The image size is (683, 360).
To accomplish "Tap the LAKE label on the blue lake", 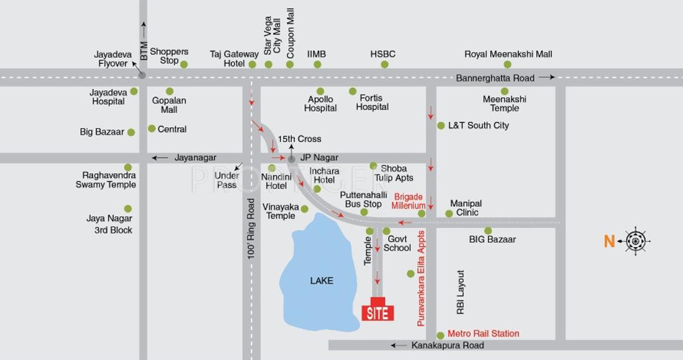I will tap(322, 281).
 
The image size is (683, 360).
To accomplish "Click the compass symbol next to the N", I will tap(636, 241).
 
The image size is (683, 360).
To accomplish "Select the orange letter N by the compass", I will tap(609, 241).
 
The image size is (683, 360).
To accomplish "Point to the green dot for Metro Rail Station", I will tap(440, 335).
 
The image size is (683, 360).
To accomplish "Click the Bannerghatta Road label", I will tap(495, 78).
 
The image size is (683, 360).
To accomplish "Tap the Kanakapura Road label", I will tap(447, 345).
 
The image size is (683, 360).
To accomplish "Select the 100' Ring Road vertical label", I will tap(251, 228).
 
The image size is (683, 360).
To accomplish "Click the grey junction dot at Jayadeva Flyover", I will tap(142, 76).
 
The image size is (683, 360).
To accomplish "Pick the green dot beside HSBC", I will tap(384, 65).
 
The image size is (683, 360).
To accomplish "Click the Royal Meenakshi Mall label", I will tap(508, 54).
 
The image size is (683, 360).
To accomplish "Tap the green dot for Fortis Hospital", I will tap(353, 91).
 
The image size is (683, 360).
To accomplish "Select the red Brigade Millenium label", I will tap(409, 201).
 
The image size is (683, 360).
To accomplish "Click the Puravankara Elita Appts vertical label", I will tap(422, 278).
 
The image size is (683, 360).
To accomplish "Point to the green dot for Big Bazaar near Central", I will tap(131, 132).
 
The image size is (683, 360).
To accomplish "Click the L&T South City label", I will tap(478, 125).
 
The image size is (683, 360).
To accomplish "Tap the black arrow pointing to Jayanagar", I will tap(160, 158).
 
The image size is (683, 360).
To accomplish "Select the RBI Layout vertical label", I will tap(461, 292).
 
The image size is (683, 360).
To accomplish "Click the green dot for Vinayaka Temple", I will tap(304, 209).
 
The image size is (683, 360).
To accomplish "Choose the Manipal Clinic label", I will tap(466, 208).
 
